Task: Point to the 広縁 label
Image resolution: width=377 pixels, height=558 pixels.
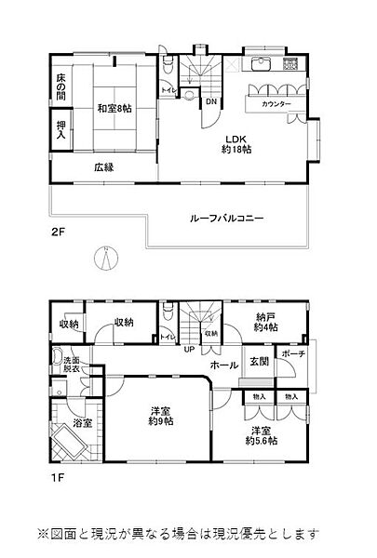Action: tap(103, 168)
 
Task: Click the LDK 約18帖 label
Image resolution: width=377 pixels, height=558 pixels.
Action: tap(235, 147)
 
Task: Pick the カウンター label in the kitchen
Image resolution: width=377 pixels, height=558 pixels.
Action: tap(276, 103)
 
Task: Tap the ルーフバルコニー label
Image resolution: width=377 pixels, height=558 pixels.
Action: tap(227, 218)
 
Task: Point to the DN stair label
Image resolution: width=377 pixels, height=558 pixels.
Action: tap(211, 101)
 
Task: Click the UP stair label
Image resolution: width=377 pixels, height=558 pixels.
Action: tap(190, 350)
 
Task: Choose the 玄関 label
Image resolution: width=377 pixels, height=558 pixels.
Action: tap(260, 361)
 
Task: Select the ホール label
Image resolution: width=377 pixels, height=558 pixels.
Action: tap(224, 365)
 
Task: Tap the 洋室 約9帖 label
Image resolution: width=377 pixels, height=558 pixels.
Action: tap(159, 416)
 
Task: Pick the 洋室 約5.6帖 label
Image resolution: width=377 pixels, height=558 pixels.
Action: tap(265, 435)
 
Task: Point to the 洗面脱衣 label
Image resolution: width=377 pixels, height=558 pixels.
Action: tap(71, 364)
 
